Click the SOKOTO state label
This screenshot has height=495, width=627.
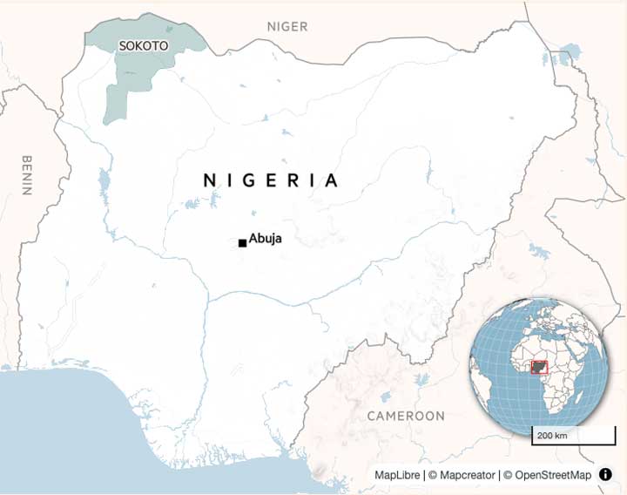[x=143, y=44]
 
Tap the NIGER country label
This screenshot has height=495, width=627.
[x=287, y=26]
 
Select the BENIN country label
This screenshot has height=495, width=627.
[x=26, y=175]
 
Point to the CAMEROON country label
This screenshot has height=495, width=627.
[x=406, y=416]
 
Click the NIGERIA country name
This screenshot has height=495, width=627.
[x=270, y=180]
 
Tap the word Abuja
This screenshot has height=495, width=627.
[x=266, y=238]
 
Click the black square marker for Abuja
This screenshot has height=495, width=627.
[x=242, y=243]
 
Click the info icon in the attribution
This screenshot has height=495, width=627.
[x=605, y=475]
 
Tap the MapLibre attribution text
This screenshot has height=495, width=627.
[x=398, y=475]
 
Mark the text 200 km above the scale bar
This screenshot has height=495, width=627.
[x=551, y=435]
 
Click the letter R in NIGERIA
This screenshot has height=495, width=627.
[x=292, y=180]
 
